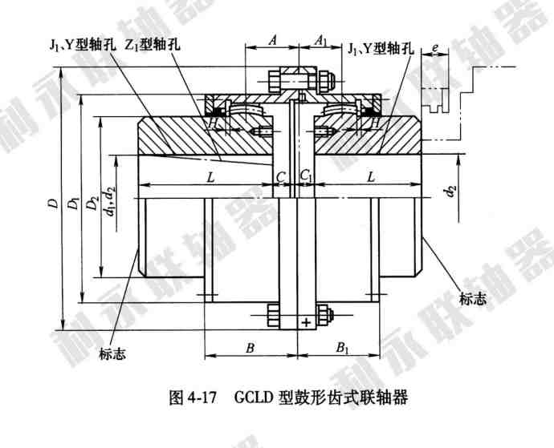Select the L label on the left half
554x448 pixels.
pyautogui.click(x=210, y=176)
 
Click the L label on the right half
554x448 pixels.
pyautogui.click(x=370, y=176)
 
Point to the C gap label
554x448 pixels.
pyautogui.click(x=279, y=176)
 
